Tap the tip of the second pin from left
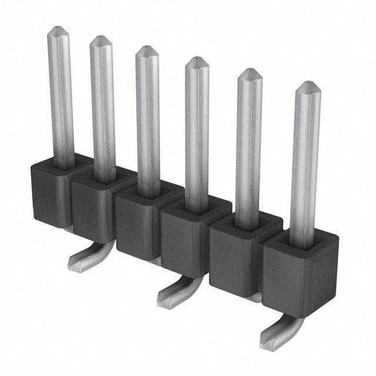point(100,41)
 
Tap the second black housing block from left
point(91,203)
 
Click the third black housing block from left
point(136,220)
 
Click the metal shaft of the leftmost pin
point(61,94)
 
